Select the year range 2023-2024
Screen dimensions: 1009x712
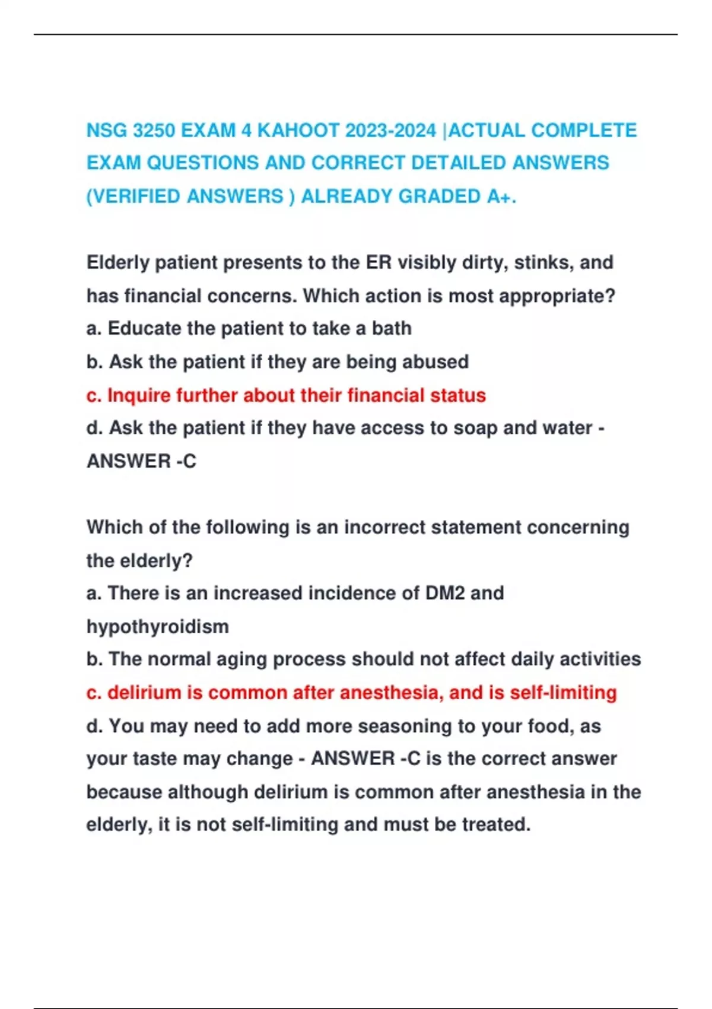pos(390,130)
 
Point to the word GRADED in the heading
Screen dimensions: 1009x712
pos(440,196)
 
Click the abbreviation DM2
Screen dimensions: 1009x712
pos(445,593)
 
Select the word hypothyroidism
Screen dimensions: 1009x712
pos(157,627)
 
